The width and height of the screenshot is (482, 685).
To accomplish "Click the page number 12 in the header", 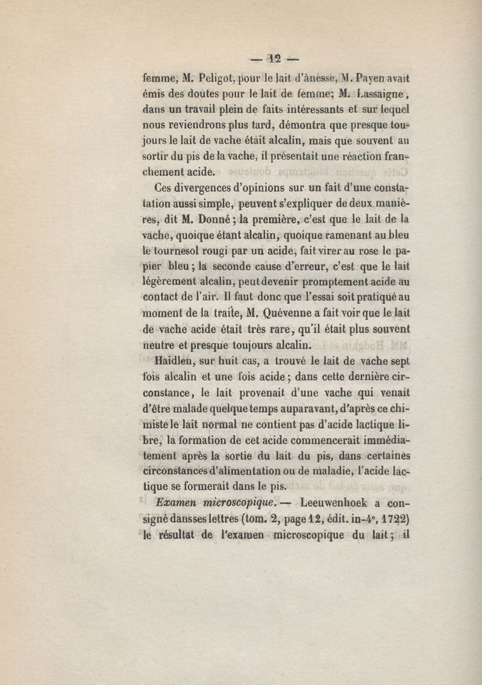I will coord(276,59).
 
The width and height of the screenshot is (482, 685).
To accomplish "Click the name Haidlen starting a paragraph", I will coord(177,361).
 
